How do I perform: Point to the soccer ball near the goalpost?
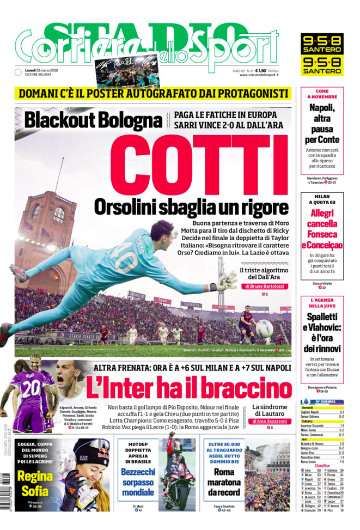(265, 328)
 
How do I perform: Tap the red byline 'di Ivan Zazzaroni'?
(270, 421)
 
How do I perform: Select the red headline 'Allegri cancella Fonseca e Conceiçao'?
(322, 229)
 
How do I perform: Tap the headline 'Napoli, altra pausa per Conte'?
(322, 123)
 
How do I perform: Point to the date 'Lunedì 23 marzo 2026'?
(47, 69)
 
